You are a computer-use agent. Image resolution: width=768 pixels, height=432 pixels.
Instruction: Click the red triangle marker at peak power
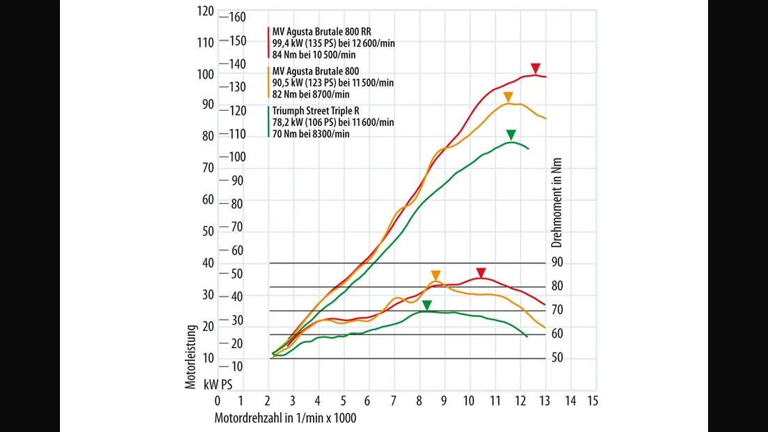click(x=535, y=68)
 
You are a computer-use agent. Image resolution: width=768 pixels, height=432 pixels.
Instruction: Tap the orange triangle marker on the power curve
click(x=508, y=97)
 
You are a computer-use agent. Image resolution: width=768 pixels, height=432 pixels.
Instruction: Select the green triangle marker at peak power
click(x=511, y=135)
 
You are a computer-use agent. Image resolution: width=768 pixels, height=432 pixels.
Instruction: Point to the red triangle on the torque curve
click(x=480, y=272)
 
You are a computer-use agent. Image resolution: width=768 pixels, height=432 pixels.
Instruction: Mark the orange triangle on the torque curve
click(x=436, y=275)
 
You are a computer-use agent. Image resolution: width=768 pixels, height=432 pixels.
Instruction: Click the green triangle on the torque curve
click(x=427, y=305)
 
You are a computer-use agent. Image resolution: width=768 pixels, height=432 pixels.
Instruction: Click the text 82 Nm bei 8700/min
click(x=311, y=94)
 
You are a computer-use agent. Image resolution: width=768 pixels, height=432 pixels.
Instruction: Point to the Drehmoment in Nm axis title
click(x=556, y=203)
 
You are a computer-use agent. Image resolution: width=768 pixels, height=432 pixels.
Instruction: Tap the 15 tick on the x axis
click(x=593, y=401)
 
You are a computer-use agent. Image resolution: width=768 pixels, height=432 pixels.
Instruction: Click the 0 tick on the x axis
click(x=217, y=401)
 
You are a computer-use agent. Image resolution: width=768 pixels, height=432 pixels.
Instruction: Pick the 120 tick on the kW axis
click(x=206, y=11)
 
